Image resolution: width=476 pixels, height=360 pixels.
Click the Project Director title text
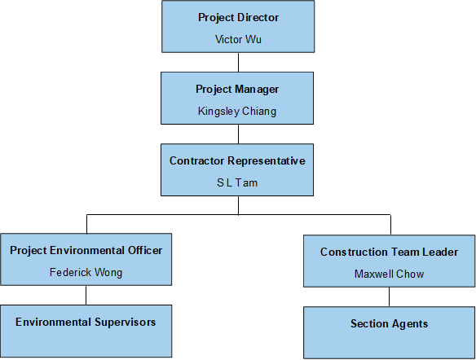pyautogui.click(x=238, y=17)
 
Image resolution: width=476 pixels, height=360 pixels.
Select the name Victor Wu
pyautogui.click(x=238, y=38)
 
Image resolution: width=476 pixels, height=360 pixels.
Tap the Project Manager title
pyautogui.click(x=237, y=88)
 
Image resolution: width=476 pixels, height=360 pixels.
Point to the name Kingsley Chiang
pyautogui.click(x=237, y=111)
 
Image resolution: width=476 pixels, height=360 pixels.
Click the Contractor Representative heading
pyautogui.click(x=237, y=160)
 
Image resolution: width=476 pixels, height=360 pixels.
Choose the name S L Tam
pyautogui.click(x=237, y=182)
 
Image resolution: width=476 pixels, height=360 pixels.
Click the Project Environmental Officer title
pyautogui.click(x=86, y=250)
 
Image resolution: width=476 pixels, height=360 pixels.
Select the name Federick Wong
pyautogui.click(x=86, y=272)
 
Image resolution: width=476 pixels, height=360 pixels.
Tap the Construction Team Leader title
pyautogui.click(x=389, y=252)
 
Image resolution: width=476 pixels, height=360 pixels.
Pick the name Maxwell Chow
pyautogui.click(x=389, y=274)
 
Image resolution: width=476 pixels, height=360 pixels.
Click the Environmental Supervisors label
pyautogui.click(x=86, y=322)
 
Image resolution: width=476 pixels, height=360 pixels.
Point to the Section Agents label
pyautogui.click(x=389, y=323)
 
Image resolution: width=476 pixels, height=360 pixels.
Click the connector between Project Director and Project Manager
pyautogui.click(x=238, y=62)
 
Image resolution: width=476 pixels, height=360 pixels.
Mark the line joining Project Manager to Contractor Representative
pyautogui.click(x=238, y=134)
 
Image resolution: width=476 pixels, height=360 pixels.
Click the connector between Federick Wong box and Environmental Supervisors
pyautogui.click(x=86, y=295)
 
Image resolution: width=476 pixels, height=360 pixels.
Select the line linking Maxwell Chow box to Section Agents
pyautogui.click(x=390, y=296)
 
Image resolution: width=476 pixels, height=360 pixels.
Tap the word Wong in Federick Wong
pyautogui.click(x=107, y=272)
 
